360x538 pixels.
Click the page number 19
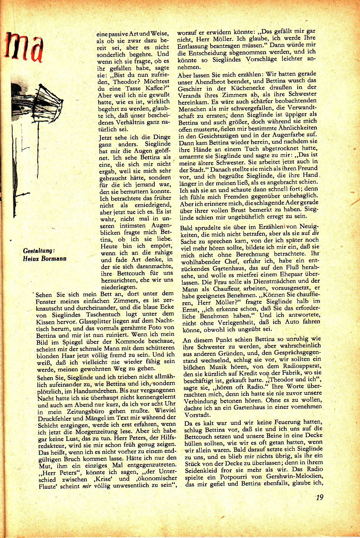[x=319, y=497]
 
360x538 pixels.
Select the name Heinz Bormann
[x=44, y=259]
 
